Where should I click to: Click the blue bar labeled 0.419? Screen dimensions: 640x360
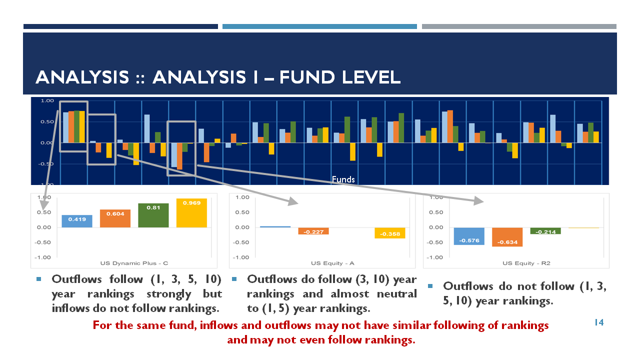point(77,221)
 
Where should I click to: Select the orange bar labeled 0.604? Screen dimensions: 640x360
point(115,218)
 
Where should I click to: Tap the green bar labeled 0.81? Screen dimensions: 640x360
point(153,215)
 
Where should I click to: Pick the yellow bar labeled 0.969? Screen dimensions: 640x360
point(191,213)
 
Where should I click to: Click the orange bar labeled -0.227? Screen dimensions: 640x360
point(313,231)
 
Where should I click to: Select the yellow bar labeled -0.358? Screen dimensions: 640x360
point(390,233)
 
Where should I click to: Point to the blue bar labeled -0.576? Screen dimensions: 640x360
point(469,236)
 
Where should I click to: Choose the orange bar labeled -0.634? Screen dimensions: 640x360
point(507,237)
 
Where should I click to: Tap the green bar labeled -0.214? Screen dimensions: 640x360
point(545,231)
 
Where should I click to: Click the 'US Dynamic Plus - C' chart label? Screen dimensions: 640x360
point(134,263)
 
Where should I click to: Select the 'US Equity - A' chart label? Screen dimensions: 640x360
point(332,263)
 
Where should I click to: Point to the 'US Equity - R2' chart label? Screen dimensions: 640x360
point(526,263)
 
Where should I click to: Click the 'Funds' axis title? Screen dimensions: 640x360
point(343,179)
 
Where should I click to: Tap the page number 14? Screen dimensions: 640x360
point(599,322)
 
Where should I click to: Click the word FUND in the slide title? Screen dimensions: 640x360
point(307,77)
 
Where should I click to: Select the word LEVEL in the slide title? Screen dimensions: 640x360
point(371,77)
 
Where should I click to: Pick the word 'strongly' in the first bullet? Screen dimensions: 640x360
point(168,294)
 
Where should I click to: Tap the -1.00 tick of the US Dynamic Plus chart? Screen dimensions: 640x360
point(42,257)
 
